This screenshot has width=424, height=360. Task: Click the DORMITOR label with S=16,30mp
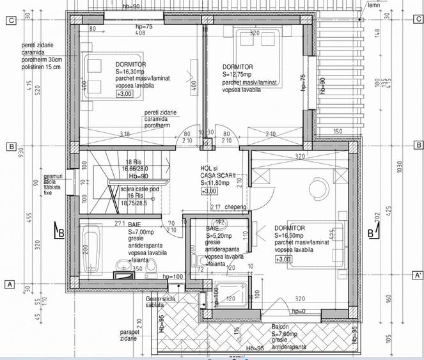130,65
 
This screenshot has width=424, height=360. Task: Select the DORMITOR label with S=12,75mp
237,67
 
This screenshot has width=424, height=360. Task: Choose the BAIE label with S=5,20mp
213,228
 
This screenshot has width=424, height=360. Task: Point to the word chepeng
235,207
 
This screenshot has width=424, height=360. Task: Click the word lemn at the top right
373,5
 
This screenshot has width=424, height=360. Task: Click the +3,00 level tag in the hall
209,191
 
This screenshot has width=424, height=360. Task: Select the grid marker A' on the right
418,276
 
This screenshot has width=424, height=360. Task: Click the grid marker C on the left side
10,20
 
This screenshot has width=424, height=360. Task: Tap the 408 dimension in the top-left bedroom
140,35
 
